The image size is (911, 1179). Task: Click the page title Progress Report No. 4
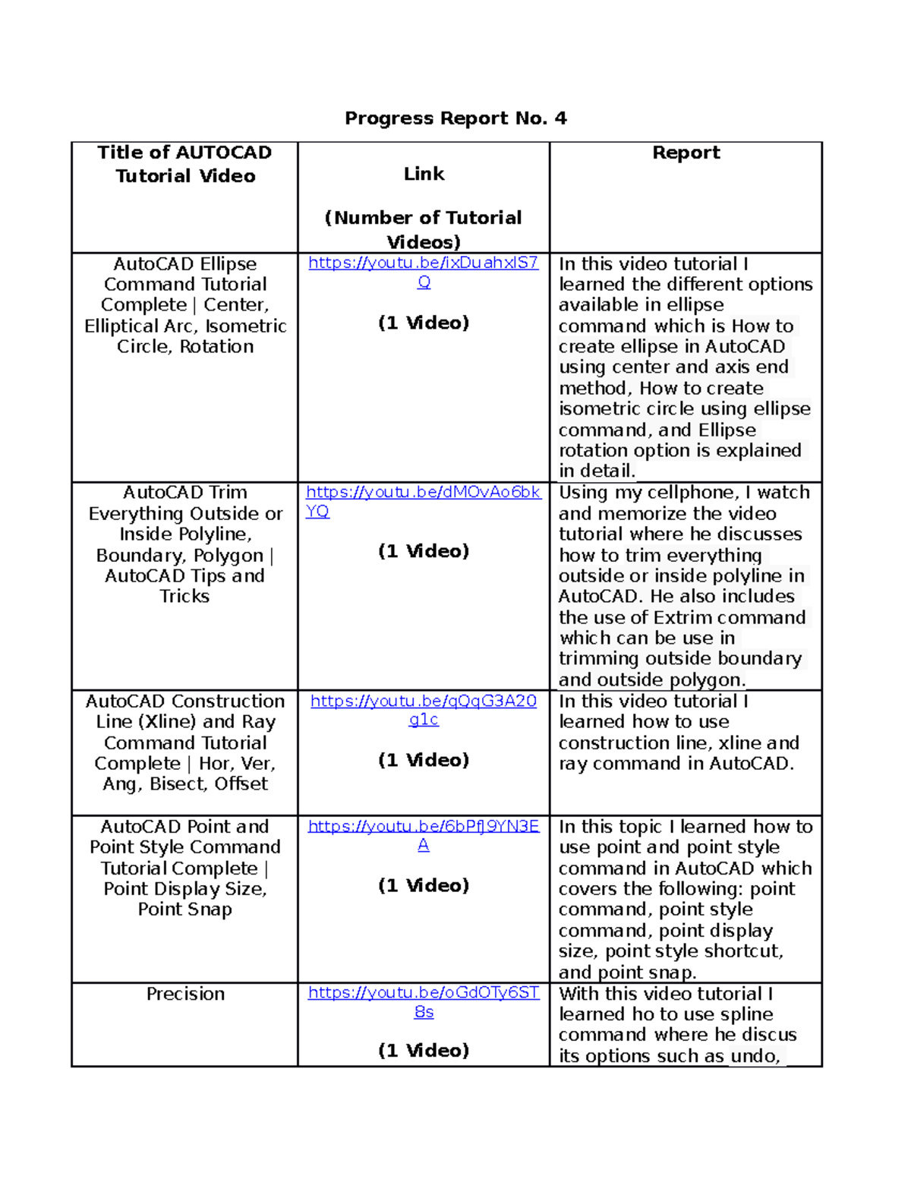tap(455, 118)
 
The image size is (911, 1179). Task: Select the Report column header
tap(686, 153)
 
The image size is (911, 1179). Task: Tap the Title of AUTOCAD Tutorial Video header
tap(184, 164)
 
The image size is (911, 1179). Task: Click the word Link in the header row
tap(424, 174)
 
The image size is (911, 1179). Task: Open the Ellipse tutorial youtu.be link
tap(423, 263)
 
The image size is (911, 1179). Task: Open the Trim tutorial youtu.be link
tap(423, 493)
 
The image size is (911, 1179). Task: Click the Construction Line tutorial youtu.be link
tap(423, 701)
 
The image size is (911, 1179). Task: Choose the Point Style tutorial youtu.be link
tap(423, 827)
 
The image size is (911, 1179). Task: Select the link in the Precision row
tap(423, 993)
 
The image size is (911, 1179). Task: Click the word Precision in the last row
tap(185, 994)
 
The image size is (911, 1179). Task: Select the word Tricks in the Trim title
tap(184, 597)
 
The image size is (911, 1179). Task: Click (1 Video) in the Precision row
tap(424, 1051)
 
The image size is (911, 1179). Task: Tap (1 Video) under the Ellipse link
tap(424, 323)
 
